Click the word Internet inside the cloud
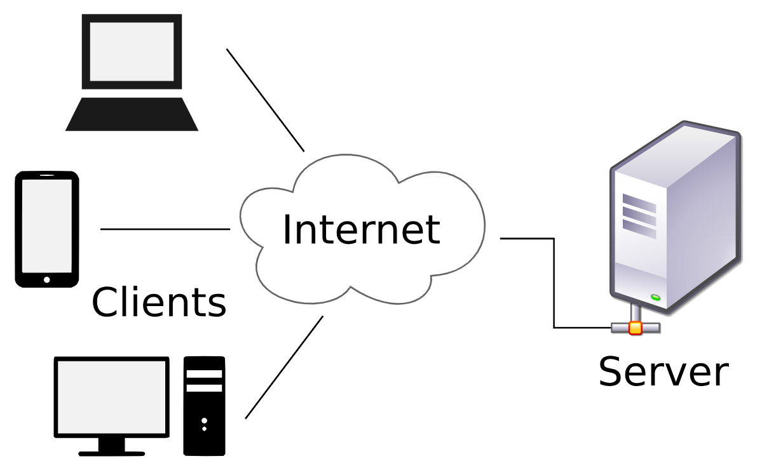[361, 229]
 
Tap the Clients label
[159, 302]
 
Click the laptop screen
[132, 51]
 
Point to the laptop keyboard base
[132, 115]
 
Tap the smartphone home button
[46, 279]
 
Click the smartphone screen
[46, 225]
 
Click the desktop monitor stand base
[111, 452]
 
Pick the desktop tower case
[204, 406]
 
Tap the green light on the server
[655, 298]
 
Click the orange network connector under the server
[635, 328]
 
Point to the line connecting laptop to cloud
[266, 100]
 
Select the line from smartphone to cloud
[165, 229]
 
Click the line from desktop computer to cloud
[284, 367]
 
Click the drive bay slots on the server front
[639, 215]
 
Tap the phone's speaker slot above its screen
[46, 175]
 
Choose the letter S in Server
[611, 371]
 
